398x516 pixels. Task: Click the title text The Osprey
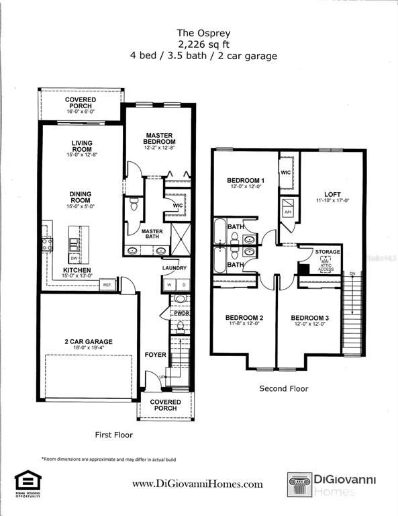click(203, 32)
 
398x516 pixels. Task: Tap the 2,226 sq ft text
click(203, 44)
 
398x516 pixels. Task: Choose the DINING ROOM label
click(81, 197)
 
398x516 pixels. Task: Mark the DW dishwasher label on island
click(73, 258)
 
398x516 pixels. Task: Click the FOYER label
click(155, 355)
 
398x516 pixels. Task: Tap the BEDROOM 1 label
click(245, 181)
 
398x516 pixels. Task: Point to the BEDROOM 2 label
click(244, 317)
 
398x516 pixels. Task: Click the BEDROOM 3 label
click(309, 317)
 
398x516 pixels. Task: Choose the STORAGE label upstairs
click(328, 251)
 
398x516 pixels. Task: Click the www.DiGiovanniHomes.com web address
click(197, 484)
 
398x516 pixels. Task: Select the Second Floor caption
click(283, 388)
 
